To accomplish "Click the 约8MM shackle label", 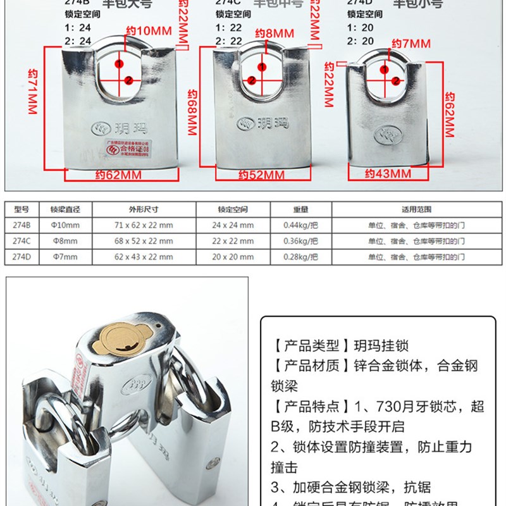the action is (x=275, y=32).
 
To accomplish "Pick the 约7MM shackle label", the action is (x=410, y=44).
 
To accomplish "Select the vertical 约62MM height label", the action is (x=450, y=114).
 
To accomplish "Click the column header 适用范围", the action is (x=416, y=209).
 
